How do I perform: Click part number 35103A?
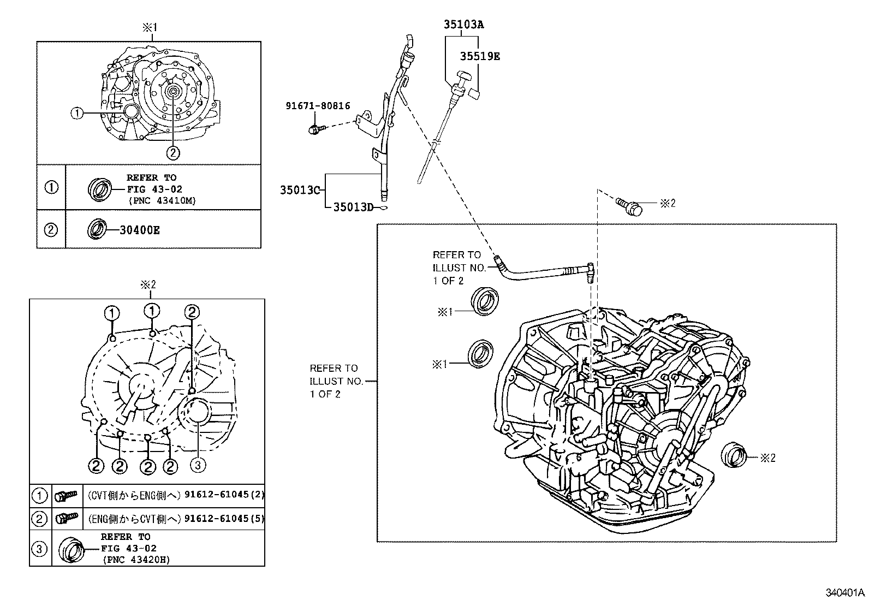point(463,25)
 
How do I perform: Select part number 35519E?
point(479,56)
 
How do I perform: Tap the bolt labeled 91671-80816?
point(314,129)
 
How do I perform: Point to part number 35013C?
point(299,190)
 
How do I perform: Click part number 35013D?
point(353,207)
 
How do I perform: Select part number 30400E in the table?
point(140,230)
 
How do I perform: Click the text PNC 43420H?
point(136,560)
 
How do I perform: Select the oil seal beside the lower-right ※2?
point(733,456)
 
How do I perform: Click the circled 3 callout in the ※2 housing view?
point(198,465)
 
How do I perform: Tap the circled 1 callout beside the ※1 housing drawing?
point(77,113)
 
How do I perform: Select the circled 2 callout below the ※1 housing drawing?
point(172,153)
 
